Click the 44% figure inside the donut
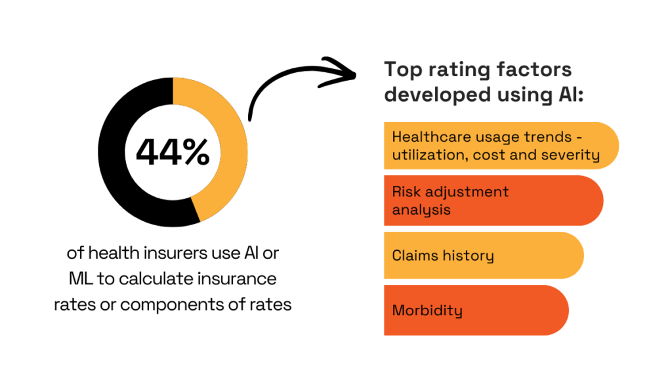click(x=173, y=152)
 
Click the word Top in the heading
click(x=402, y=70)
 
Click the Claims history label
click(x=442, y=255)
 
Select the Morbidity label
click(x=427, y=310)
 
